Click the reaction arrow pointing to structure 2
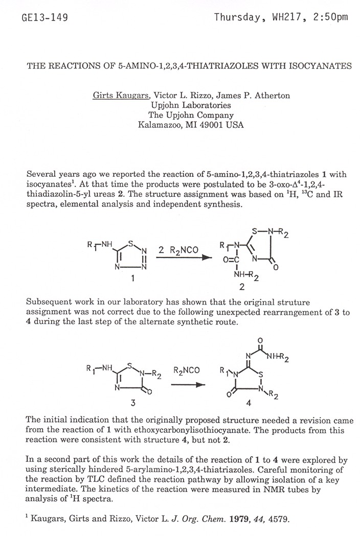[x=183, y=259]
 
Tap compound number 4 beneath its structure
[x=249, y=403]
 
